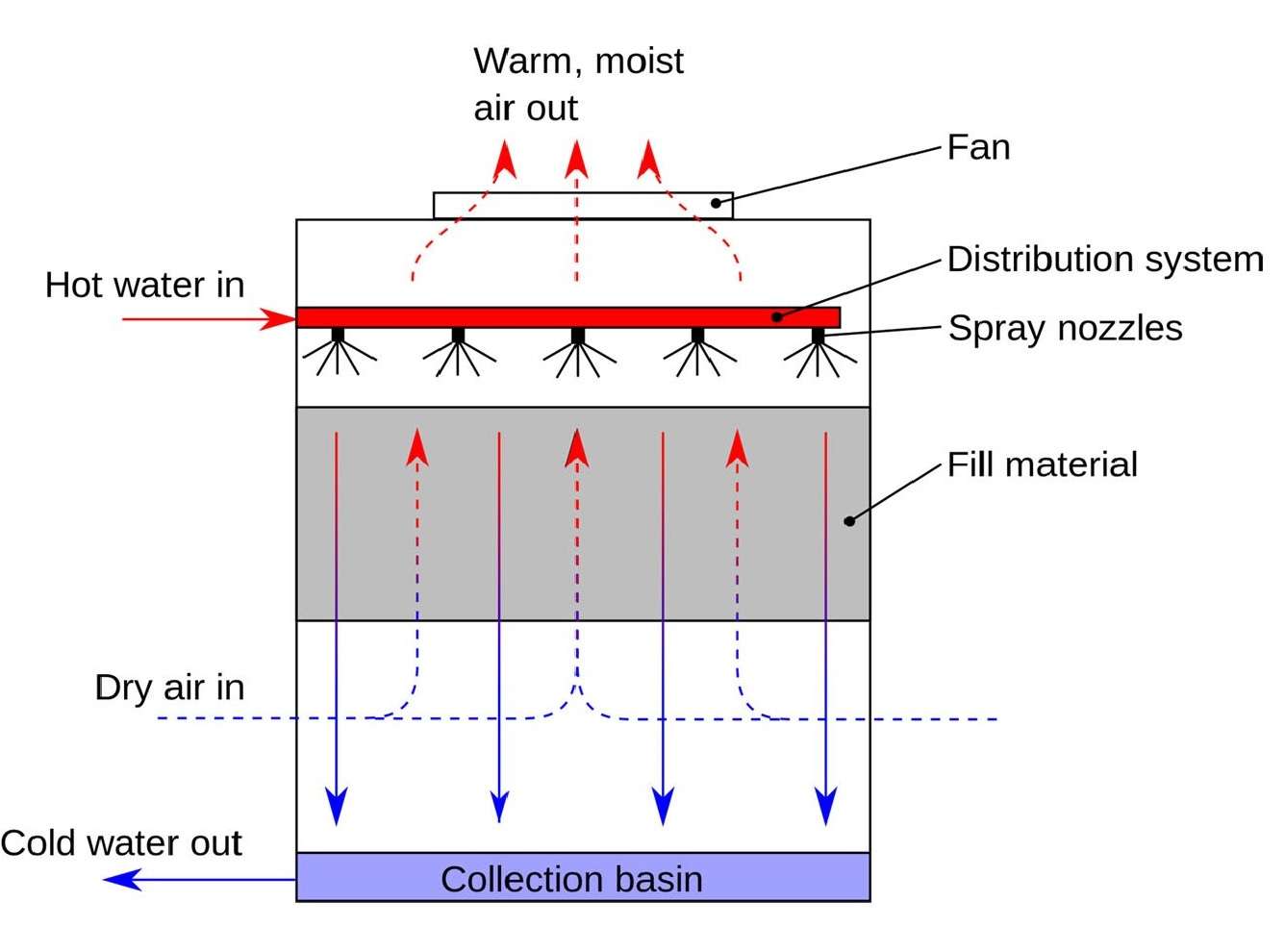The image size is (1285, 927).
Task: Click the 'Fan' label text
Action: pyautogui.click(x=978, y=148)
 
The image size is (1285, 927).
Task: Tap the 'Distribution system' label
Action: pyautogui.click(x=1104, y=260)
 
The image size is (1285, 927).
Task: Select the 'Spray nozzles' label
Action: pyautogui.click(x=1065, y=328)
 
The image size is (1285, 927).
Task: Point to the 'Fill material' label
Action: pyautogui.click(x=1042, y=464)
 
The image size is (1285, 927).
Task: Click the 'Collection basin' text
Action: pyautogui.click(x=571, y=879)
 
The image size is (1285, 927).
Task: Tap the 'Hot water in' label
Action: pyautogui.click(x=144, y=285)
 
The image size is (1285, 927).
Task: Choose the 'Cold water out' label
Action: pyautogui.click(x=121, y=843)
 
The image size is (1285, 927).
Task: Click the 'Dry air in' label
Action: pyautogui.click(x=169, y=688)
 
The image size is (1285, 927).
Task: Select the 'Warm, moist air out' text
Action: pyautogui.click(x=577, y=85)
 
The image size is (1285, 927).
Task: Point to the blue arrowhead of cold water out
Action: pyautogui.click(x=120, y=879)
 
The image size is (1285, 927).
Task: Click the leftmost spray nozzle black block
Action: pyautogui.click(x=338, y=336)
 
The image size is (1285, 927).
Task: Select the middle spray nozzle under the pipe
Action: pyautogui.click(x=577, y=336)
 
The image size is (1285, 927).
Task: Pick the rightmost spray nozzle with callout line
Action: pyautogui.click(x=818, y=336)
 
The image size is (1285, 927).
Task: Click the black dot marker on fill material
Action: pyautogui.click(x=848, y=521)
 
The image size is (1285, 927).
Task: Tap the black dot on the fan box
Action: pyautogui.click(x=716, y=203)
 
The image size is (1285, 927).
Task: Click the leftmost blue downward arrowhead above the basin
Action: pyautogui.click(x=336, y=806)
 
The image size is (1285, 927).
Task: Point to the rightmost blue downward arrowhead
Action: pyautogui.click(x=825, y=806)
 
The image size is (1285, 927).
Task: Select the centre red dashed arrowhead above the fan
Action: pyautogui.click(x=575, y=160)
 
